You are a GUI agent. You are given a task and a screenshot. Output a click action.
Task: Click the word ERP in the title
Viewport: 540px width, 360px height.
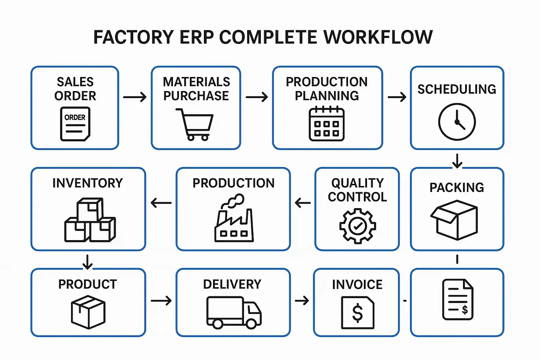(197, 37)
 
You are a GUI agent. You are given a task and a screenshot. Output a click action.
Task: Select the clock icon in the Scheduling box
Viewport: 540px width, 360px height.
(457, 122)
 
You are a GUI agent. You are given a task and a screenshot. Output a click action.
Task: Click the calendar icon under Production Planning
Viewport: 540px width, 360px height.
(327, 124)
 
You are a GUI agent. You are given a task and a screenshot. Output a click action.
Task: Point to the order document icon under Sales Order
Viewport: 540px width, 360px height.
(75, 124)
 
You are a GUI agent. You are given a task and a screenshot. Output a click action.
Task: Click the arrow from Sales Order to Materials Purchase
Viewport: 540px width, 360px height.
(135, 97)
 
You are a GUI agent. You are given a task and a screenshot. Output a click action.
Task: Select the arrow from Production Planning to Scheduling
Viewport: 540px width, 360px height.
(397, 97)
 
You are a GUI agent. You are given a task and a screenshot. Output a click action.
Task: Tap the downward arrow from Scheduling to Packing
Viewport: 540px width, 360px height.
(457, 161)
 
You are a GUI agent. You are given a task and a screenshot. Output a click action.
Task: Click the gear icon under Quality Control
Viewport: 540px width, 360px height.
(358, 226)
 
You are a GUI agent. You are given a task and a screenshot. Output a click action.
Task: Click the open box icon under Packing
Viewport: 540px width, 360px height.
(454, 220)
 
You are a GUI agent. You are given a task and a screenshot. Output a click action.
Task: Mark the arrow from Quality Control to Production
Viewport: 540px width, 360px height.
(303, 203)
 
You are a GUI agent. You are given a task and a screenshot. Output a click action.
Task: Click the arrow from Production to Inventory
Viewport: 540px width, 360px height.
(161, 203)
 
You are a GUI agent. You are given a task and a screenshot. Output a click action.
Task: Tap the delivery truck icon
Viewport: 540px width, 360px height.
(234, 312)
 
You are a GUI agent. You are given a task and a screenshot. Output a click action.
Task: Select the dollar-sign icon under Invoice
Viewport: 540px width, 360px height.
(358, 313)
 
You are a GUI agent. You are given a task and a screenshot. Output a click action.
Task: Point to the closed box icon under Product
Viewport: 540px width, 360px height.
(88, 312)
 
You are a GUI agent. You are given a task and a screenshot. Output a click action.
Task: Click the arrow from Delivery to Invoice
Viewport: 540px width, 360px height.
(302, 301)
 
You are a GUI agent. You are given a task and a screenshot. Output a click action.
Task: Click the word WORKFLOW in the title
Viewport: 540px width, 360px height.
(378, 37)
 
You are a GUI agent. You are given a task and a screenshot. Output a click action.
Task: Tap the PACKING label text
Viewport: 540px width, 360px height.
(457, 187)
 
